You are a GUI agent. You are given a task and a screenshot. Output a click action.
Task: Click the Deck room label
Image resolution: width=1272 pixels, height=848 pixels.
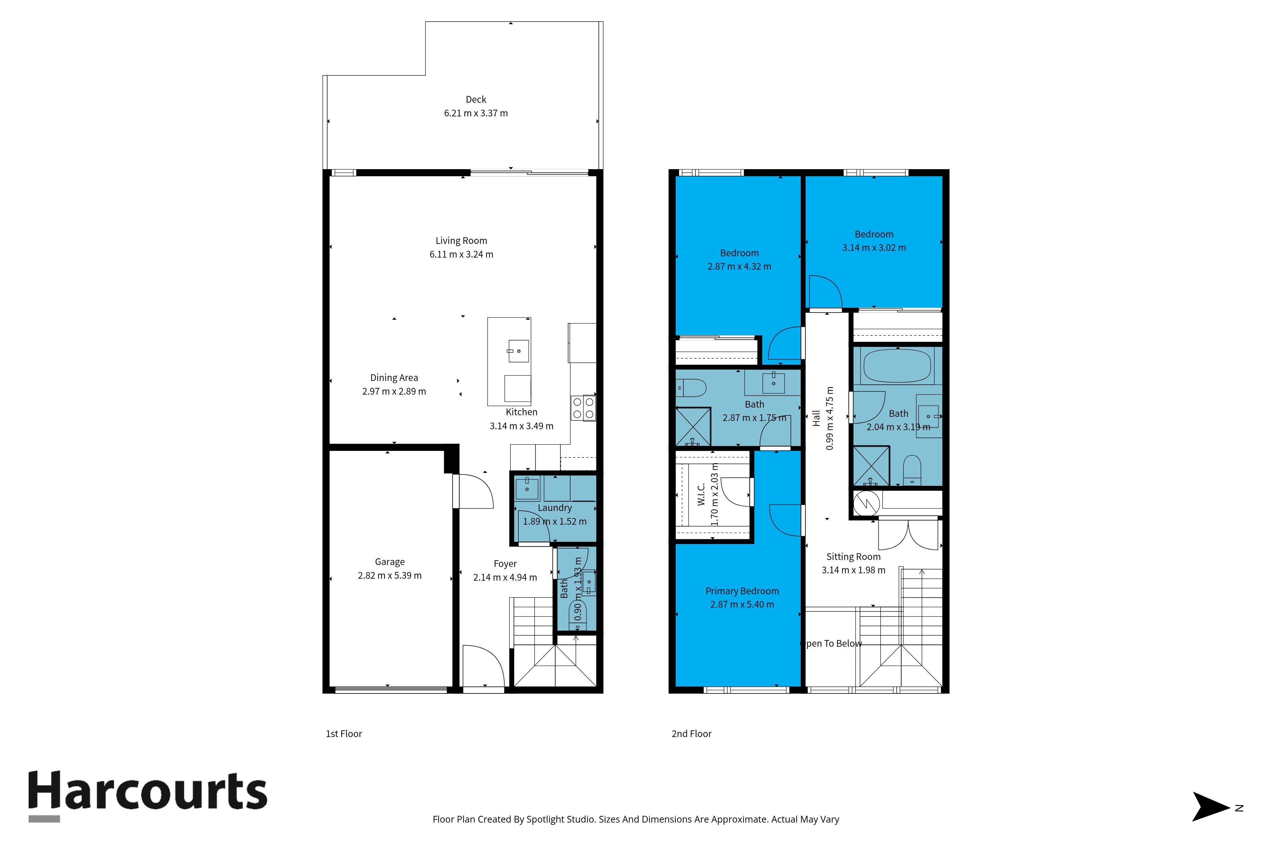point(476,100)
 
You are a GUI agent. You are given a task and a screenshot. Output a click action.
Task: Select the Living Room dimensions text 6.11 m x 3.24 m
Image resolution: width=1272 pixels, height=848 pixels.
point(461,254)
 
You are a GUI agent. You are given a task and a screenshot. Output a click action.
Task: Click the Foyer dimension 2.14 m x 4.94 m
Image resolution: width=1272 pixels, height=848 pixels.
point(505,578)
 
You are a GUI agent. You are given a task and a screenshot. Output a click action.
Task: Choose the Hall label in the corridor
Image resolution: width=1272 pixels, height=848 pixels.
point(816,418)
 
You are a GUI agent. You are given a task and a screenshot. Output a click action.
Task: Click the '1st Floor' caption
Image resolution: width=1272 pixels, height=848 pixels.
point(344,734)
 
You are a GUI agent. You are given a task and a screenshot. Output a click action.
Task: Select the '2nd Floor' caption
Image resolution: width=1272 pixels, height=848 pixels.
point(692,734)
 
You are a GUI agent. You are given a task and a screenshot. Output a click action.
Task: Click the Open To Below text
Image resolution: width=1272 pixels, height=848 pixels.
point(831,644)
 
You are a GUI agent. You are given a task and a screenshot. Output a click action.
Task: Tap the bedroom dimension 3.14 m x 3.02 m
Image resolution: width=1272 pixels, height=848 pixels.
point(874,248)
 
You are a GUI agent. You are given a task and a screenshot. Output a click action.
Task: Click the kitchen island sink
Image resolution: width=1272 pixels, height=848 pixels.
point(518,351)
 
